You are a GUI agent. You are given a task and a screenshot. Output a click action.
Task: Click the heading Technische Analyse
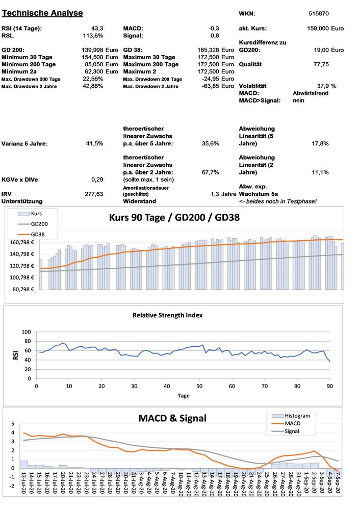coord(43,13)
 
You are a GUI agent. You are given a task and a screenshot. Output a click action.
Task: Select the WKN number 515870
coord(319,13)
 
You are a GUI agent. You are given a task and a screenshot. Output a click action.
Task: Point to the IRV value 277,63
coord(94,194)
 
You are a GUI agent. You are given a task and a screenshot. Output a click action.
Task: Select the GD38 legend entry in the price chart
coord(38,234)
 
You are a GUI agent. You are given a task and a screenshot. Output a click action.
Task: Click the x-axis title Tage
coord(184,396)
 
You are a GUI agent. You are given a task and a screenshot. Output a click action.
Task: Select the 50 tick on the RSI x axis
coord(199,386)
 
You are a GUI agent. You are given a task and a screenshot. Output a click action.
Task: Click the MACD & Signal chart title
coord(172,418)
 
